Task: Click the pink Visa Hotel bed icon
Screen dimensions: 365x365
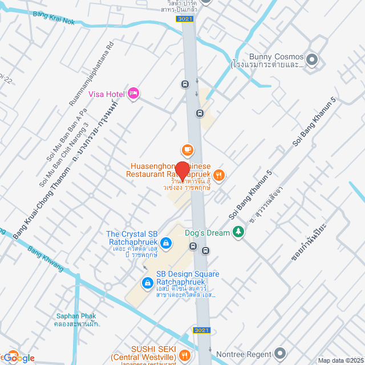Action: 133,93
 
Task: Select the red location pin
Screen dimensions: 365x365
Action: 182,171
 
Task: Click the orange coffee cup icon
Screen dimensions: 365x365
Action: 187,150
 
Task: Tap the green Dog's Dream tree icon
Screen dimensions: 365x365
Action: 239,232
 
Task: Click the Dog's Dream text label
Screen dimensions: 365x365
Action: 208,232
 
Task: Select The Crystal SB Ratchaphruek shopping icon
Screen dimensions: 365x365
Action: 165,244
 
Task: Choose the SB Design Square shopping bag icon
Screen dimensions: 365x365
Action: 147,282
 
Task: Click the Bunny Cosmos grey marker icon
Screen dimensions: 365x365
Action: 312,59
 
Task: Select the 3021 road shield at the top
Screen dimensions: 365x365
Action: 184,19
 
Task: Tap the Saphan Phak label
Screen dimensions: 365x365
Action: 76,316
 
